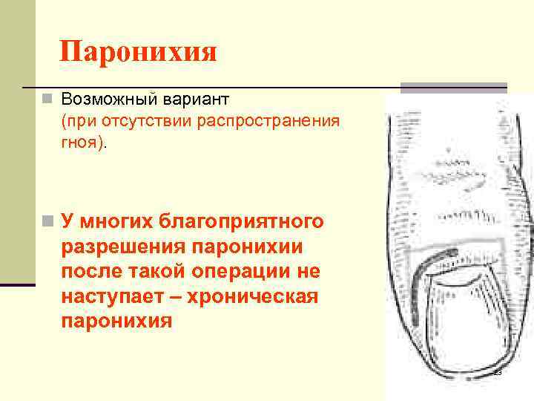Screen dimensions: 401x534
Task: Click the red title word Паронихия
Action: coord(139,53)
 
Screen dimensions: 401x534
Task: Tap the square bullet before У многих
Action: coord(47,221)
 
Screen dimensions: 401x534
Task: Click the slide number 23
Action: coord(498,372)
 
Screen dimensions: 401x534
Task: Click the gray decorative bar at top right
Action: coord(454,87)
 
